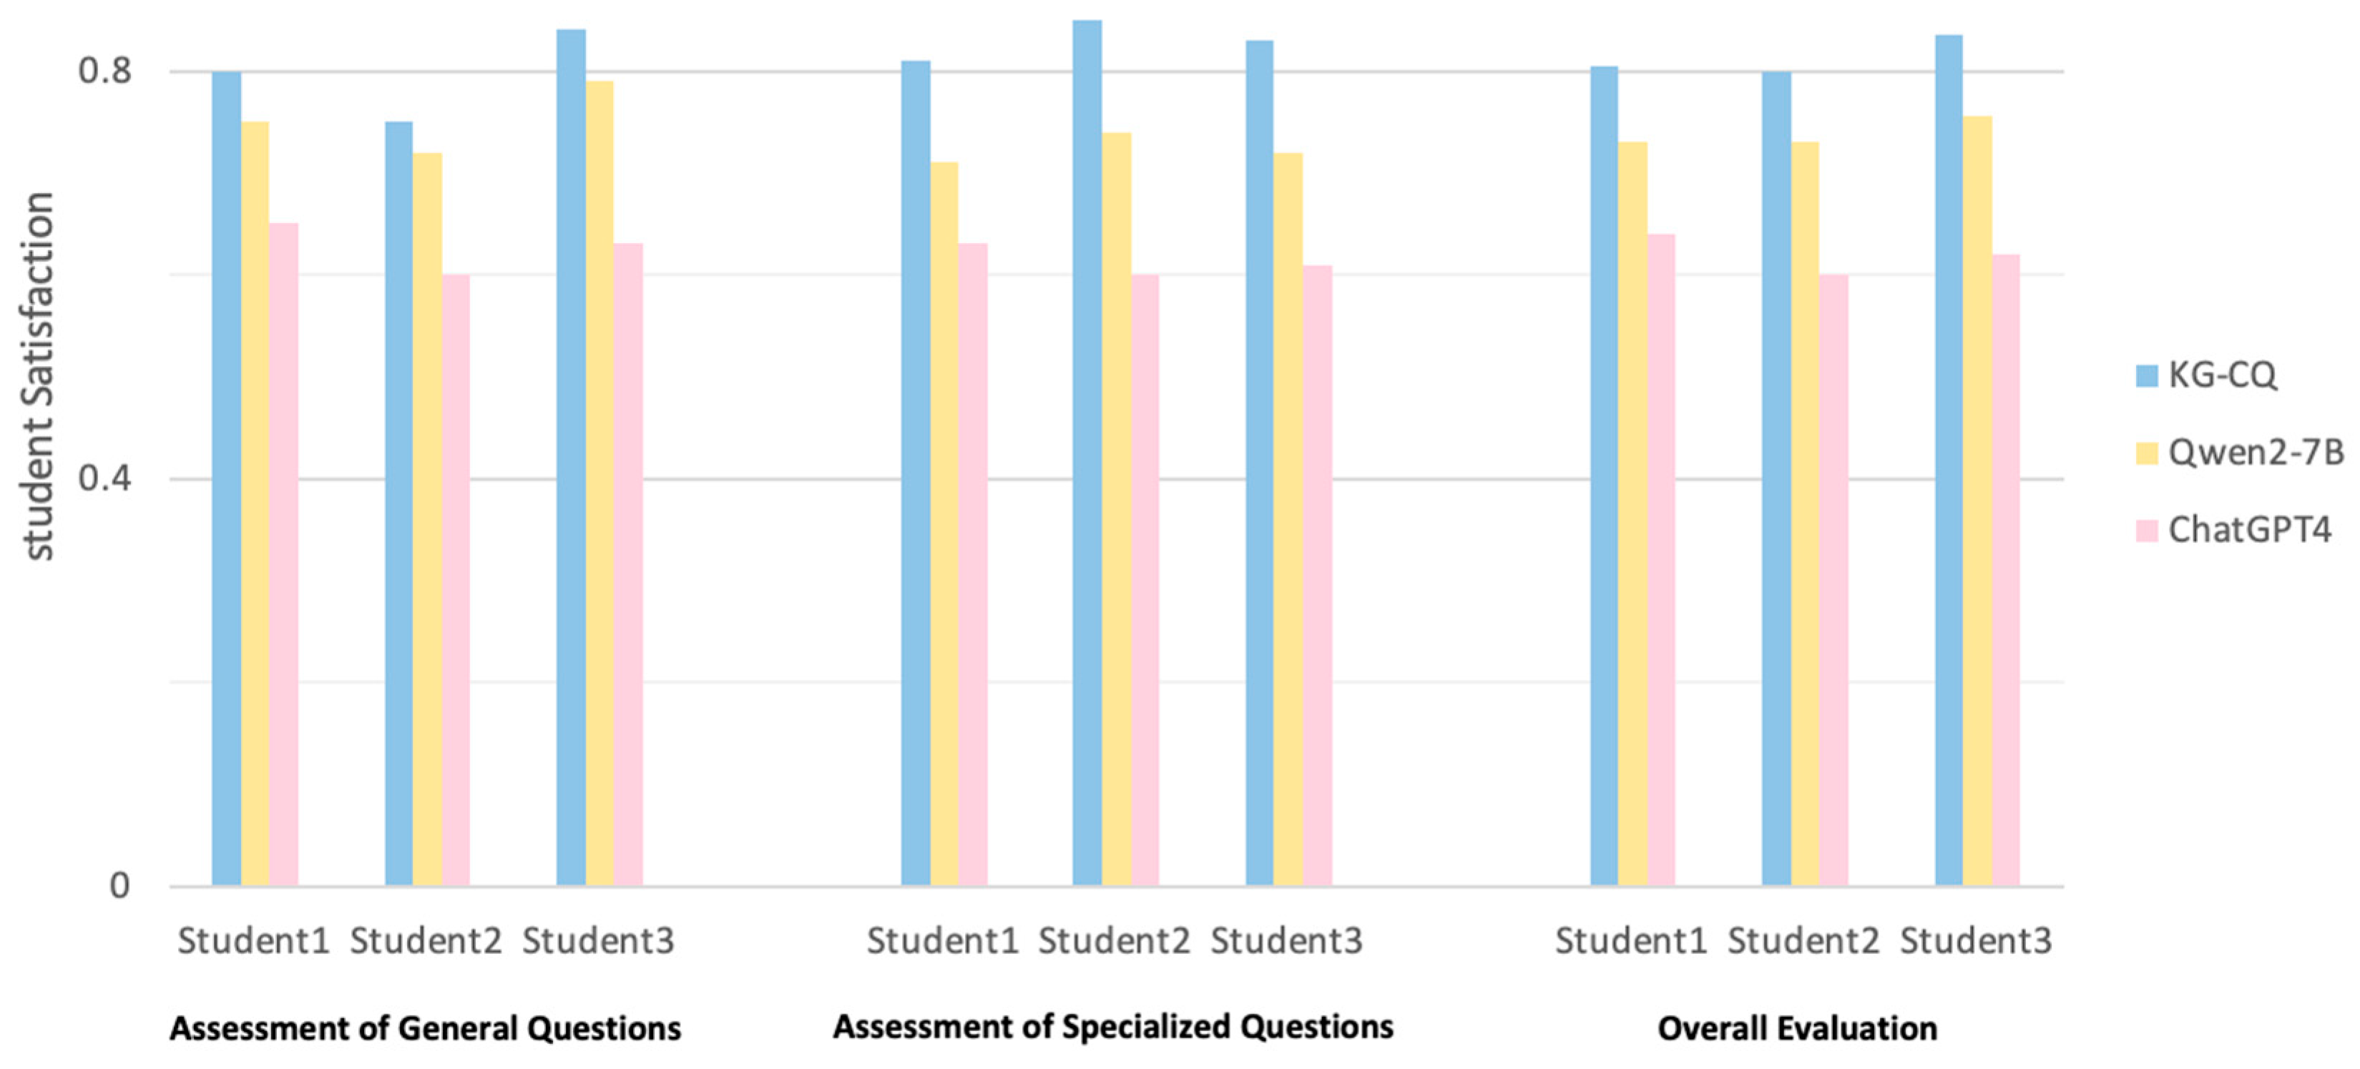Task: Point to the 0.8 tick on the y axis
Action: [x=105, y=71]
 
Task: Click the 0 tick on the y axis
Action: [x=119, y=886]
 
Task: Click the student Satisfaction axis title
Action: [x=39, y=375]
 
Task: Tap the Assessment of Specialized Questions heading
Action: [x=1112, y=1027]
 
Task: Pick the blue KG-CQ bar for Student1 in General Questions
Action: [x=226, y=476]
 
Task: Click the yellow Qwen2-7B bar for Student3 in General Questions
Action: [x=600, y=482]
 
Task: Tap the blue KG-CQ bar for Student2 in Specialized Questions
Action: [x=1087, y=453]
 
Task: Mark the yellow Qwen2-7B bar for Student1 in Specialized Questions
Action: [x=944, y=522]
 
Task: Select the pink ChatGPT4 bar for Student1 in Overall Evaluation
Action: [x=1661, y=558]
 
